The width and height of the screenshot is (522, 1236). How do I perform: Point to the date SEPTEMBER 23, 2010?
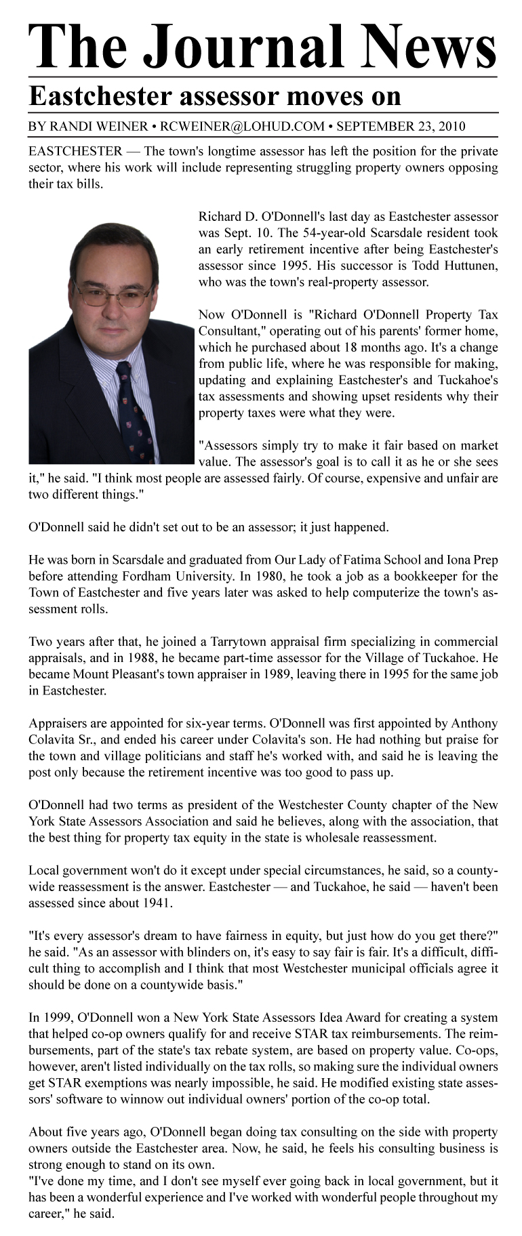point(401,126)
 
